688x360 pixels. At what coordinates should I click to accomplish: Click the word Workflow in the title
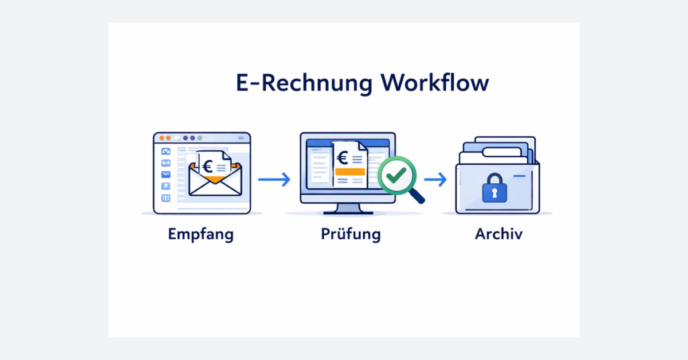click(434, 84)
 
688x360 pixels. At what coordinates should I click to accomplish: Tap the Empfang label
click(201, 235)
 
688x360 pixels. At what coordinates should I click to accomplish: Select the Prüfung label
click(350, 235)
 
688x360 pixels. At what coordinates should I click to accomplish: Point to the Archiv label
click(498, 235)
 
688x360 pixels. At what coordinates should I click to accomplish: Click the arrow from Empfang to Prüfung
click(273, 179)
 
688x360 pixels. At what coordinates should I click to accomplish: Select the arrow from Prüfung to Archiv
click(435, 179)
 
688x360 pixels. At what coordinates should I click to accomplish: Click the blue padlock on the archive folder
click(494, 189)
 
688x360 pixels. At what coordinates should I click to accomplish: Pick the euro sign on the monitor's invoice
click(343, 158)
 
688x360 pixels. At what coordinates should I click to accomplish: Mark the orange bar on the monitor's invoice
click(349, 173)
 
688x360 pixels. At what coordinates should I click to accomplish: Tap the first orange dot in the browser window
click(161, 138)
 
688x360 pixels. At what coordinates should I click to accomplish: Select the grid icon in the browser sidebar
click(165, 198)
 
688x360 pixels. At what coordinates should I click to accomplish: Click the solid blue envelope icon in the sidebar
click(165, 175)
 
